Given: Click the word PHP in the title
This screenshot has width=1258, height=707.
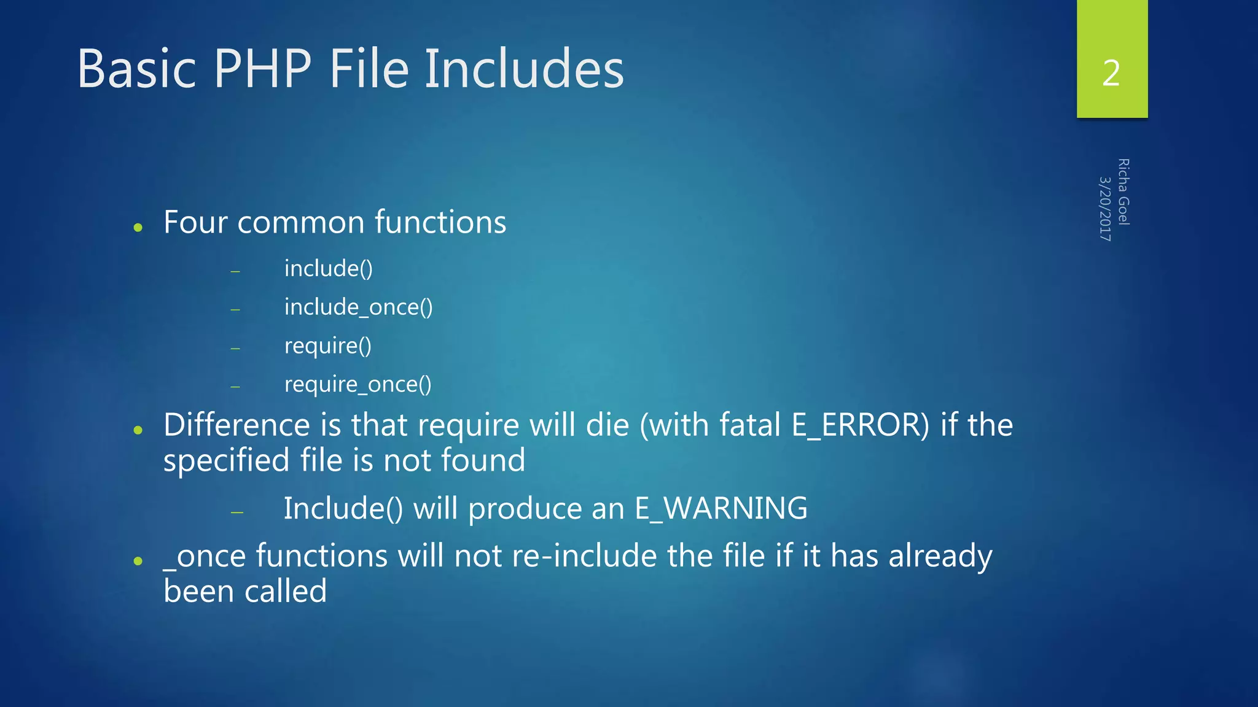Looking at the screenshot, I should (x=263, y=69).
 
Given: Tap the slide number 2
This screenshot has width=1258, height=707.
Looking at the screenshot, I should (x=1111, y=73).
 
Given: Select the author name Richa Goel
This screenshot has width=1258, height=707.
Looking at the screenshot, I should (x=1123, y=191).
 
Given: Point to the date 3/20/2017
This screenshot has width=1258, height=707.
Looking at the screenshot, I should (x=1105, y=209).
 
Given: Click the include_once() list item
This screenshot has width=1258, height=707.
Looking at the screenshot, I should (x=358, y=307).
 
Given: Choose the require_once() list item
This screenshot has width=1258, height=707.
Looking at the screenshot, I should (x=357, y=384).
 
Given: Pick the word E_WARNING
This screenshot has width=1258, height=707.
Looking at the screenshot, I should (x=721, y=508).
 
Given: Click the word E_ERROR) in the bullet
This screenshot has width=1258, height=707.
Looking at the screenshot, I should (x=861, y=425).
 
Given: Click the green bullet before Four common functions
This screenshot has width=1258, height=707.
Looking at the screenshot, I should (x=138, y=228).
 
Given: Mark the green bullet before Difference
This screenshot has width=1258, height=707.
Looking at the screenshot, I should (x=138, y=430).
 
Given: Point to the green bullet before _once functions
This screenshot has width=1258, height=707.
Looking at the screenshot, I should (x=138, y=561).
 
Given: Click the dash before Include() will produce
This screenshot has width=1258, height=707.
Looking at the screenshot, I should (x=237, y=511).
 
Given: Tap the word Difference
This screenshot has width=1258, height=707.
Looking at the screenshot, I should (x=236, y=425).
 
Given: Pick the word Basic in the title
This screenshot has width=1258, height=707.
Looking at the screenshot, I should (x=136, y=69).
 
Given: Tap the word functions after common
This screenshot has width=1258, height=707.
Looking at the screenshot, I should (x=440, y=222).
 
